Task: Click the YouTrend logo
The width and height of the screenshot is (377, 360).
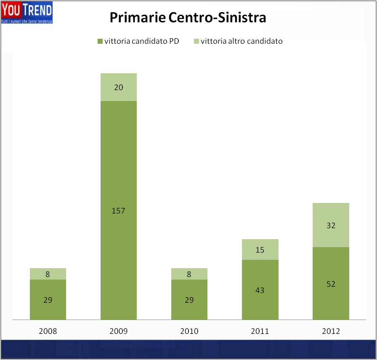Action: [x=27, y=13]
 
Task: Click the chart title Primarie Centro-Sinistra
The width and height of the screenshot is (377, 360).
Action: [x=188, y=18]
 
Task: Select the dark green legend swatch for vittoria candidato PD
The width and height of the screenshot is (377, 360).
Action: [x=100, y=41]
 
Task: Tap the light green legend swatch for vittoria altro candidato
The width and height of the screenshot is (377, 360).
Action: [x=196, y=41]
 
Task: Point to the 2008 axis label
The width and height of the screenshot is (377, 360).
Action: [x=48, y=331]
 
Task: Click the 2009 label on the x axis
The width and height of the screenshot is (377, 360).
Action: [x=118, y=331]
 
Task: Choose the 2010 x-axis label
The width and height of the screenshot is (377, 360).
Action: [x=189, y=331]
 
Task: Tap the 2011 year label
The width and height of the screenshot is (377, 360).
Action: [x=260, y=331]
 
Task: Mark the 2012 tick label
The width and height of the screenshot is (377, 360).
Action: [x=331, y=331]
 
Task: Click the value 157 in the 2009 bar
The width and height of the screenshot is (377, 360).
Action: [x=118, y=211]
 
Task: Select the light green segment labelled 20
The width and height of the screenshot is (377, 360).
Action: [x=118, y=87]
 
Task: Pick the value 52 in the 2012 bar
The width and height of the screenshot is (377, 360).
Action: [x=331, y=284]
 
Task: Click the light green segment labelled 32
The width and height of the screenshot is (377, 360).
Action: [x=331, y=225]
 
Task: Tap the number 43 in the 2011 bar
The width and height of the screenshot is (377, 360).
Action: [x=260, y=290]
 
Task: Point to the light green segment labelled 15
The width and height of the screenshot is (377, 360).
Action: [x=260, y=250]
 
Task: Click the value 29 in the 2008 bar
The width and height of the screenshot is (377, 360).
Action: [x=48, y=300]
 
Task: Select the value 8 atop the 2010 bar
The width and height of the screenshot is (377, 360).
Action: [x=189, y=274]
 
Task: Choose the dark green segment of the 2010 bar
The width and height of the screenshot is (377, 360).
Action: [x=189, y=300]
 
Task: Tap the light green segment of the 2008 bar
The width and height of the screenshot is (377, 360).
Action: [x=48, y=274]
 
